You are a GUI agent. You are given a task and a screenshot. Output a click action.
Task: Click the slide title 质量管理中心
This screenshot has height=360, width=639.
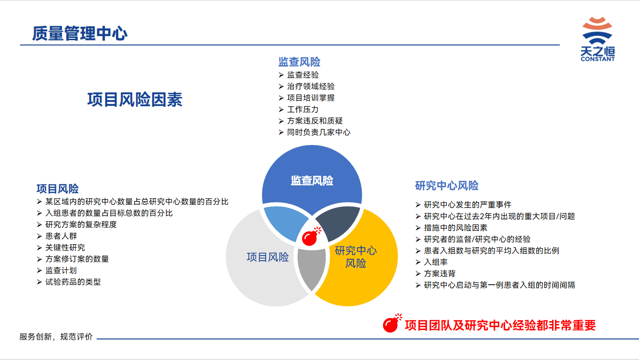79,33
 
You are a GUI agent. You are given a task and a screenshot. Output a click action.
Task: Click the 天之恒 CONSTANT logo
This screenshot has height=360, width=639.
597,39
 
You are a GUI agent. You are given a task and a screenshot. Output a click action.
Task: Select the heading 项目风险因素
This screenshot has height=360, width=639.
134,99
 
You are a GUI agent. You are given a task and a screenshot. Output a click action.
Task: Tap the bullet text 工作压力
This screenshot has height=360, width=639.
303,109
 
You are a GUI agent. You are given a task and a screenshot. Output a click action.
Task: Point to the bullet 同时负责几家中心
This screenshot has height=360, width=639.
319,132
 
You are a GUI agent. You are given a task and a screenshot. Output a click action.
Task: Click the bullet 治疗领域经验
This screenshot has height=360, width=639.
310,86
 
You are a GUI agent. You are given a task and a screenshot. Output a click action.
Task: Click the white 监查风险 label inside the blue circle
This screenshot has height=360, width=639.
312,181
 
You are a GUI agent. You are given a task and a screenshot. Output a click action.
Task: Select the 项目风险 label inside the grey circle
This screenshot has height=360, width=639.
268,257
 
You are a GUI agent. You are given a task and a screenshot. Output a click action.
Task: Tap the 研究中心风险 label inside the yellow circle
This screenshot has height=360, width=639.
356,257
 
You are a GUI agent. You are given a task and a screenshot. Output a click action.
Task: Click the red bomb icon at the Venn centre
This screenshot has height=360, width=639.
311,237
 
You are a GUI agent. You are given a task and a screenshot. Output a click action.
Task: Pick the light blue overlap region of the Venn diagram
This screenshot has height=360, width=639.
285,222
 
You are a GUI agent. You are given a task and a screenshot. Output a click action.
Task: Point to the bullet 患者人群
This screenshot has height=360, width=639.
61,236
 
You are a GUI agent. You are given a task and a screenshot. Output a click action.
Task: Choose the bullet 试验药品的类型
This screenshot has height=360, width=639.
73,282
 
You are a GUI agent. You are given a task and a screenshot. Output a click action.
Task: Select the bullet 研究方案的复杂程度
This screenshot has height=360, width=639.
81,225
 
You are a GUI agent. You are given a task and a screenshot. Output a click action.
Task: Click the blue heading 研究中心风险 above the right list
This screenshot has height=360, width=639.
447,186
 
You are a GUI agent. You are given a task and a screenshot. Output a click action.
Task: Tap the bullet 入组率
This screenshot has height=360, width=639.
436,262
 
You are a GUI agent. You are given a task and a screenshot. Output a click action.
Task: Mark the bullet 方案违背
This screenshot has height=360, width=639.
439,273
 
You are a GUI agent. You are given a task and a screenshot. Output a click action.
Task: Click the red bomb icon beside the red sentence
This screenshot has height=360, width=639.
392,323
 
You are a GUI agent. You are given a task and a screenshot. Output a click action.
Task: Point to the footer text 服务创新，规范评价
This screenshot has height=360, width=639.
56,336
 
